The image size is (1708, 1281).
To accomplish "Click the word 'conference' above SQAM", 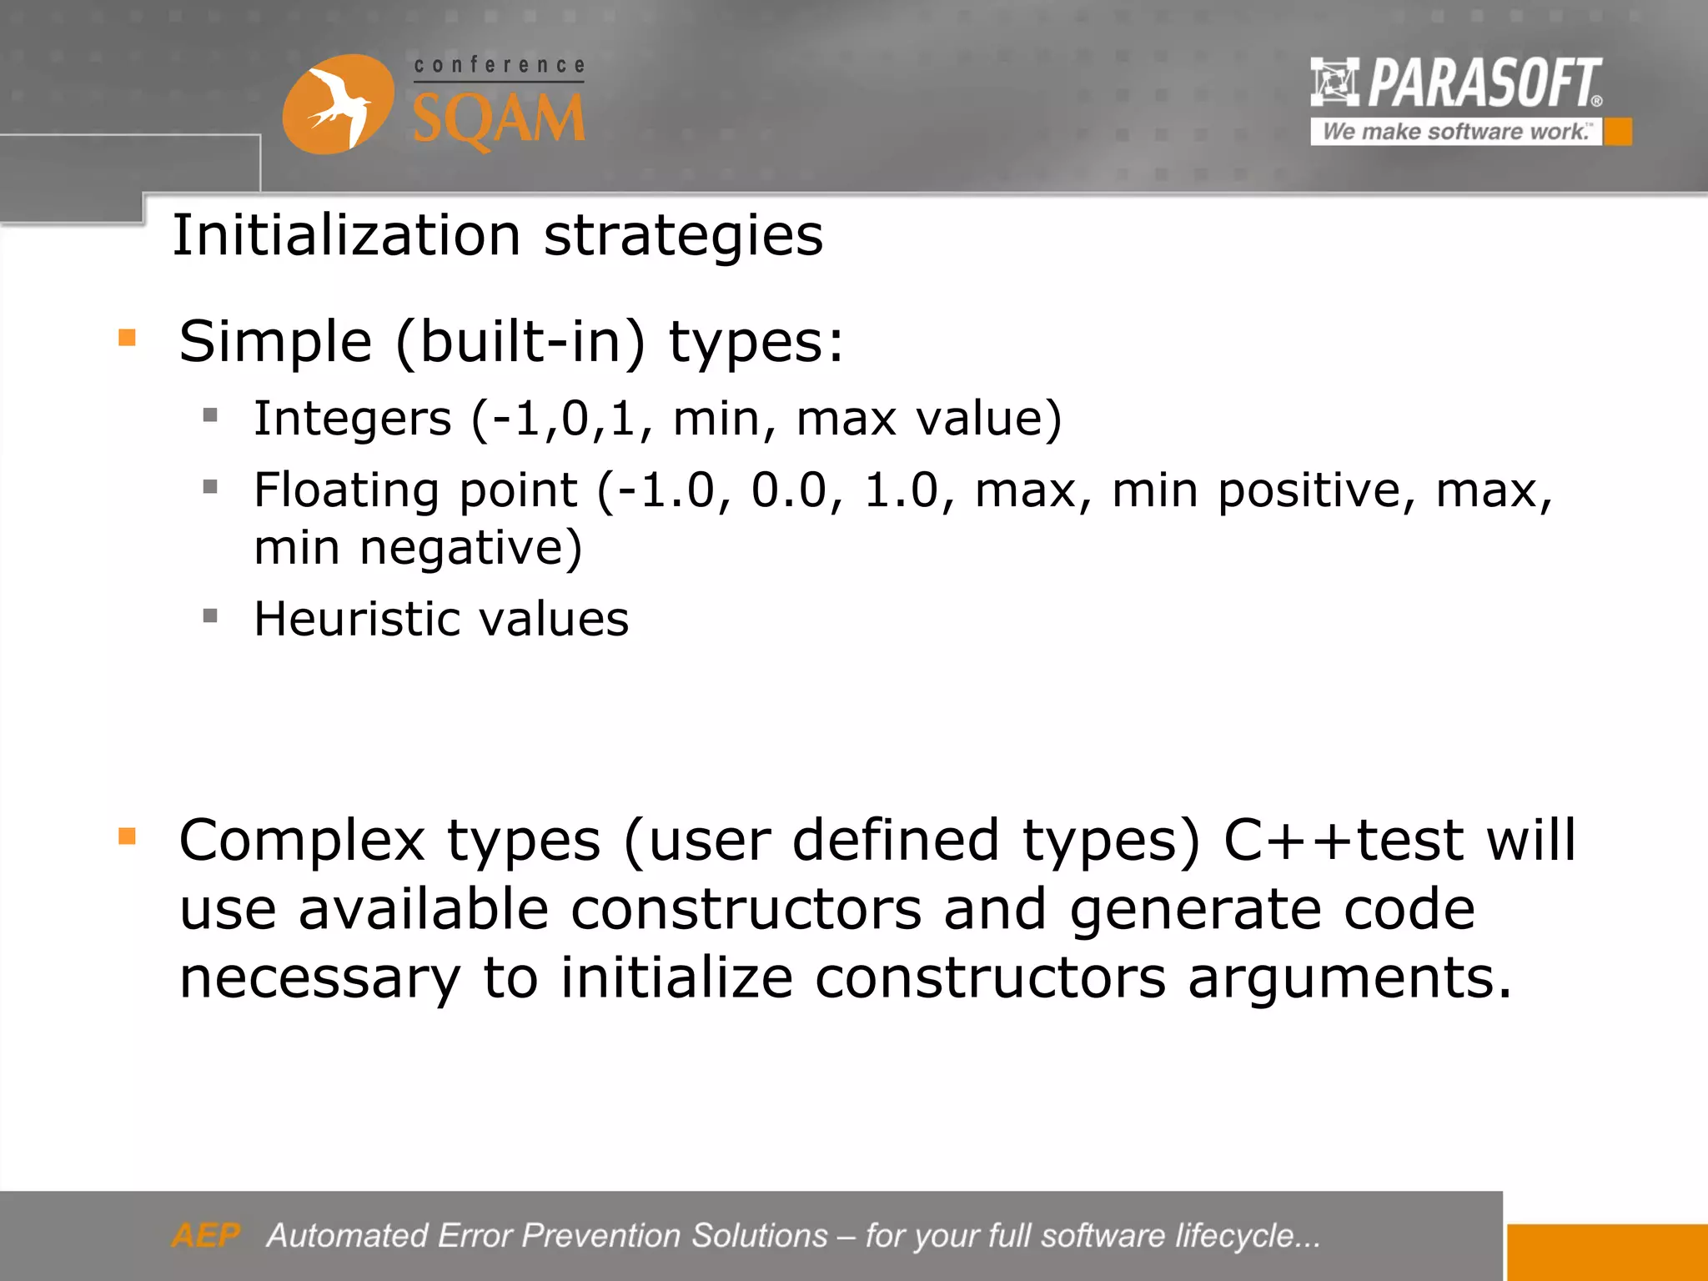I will coord(499,65).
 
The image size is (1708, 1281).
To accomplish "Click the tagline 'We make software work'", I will coord(1455,132).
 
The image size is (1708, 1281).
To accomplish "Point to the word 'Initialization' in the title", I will coord(346,235).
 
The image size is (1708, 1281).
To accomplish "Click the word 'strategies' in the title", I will coord(683,235).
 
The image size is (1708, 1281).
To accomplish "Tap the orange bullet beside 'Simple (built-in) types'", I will coord(127,338).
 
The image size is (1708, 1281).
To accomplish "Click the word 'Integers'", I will coord(352,419).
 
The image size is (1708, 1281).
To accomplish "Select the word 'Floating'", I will coord(346,490).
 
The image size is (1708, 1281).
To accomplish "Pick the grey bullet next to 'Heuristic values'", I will coord(210,616).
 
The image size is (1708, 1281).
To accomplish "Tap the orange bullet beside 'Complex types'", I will coord(127,836).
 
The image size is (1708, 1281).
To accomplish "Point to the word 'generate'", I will coord(1195,909).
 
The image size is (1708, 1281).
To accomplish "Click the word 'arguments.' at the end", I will coord(1349,978).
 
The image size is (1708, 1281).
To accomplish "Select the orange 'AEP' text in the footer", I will coord(205,1235).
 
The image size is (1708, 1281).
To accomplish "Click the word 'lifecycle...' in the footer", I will coord(1247,1235).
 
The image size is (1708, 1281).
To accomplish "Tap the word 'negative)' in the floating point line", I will coord(470,549).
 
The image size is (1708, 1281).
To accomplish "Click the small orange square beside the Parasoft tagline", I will coord(1618,132).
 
